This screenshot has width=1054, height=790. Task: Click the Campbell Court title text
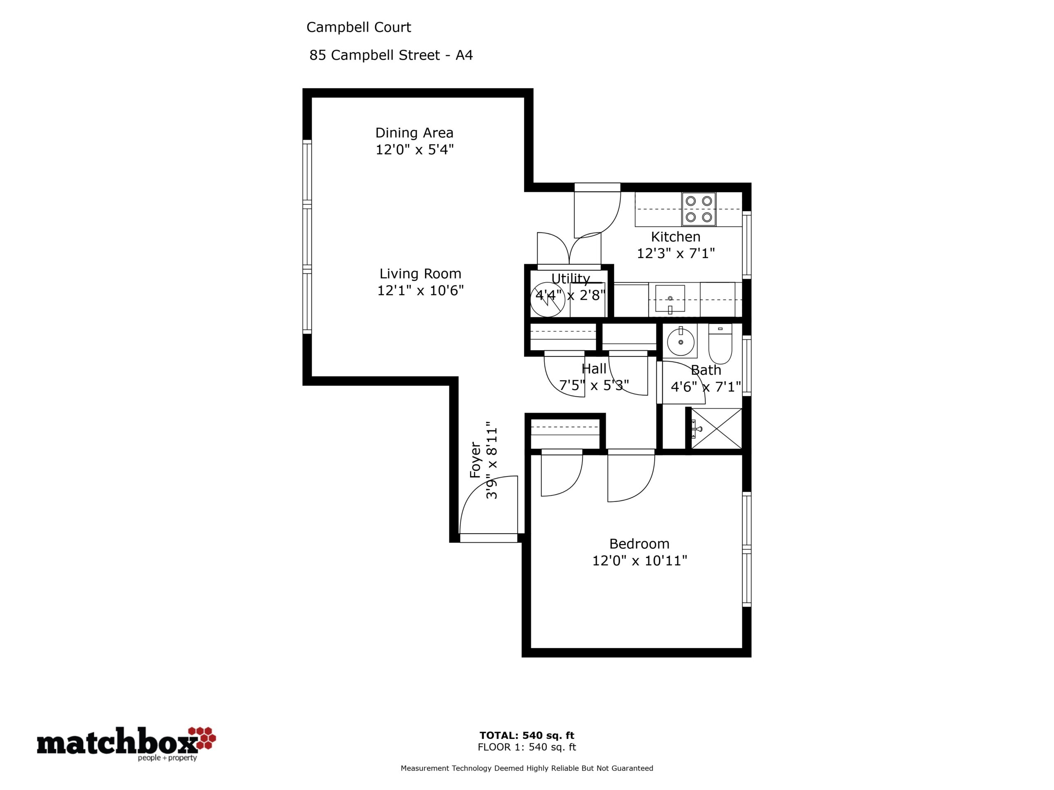pyautogui.click(x=358, y=28)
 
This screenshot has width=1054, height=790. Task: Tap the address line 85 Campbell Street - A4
pyautogui.click(x=391, y=55)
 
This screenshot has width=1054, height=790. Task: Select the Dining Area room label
pyautogui.click(x=414, y=133)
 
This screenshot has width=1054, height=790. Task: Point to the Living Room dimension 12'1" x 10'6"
pyautogui.click(x=420, y=290)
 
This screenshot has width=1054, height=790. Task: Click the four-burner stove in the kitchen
pyautogui.click(x=699, y=209)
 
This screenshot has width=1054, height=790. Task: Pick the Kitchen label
pyautogui.click(x=676, y=237)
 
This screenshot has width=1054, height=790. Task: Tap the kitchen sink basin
pyautogui.click(x=670, y=299)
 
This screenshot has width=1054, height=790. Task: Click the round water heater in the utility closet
pyautogui.click(x=548, y=300)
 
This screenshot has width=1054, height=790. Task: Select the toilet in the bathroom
pyautogui.click(x=720, y=343)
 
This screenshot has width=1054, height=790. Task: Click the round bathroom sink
pyautogui.click(x=681, y=342)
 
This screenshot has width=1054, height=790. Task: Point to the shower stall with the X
pyautogui.click(x=716, y=428)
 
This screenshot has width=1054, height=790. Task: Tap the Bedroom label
pyautogui.click(x=639, y=544)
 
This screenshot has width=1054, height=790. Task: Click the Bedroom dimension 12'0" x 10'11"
pyautogui.click(x=639, y=561)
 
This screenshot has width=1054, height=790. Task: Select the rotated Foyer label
pyautogui.click(x=476, y=460)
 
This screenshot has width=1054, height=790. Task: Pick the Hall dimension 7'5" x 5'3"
pyautogui.click(x=594, y=385)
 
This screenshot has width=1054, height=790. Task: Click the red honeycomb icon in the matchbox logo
pyautogui.click(x=202, y=738)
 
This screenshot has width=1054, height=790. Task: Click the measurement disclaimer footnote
pyautogui.click(x=527, y=768)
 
